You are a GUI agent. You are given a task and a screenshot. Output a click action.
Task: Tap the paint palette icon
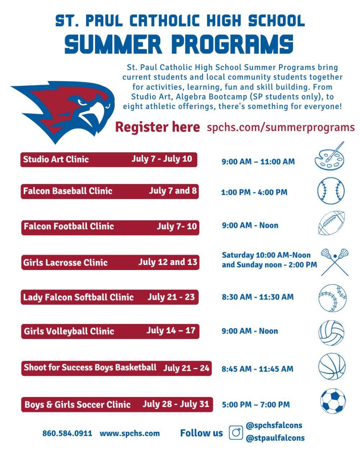(x=329, y=156)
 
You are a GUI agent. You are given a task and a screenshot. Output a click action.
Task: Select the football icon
(x=331, y=223)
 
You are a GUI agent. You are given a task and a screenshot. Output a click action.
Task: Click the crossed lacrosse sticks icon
(x=335, y=262)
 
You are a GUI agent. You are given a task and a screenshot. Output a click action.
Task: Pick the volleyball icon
(x=331, y=333)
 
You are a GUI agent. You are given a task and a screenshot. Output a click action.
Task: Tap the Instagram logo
(x=236, y=432)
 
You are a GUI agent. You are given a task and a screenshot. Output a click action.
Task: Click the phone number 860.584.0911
(x=67, y=433)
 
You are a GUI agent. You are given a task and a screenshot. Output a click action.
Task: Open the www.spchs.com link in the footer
(x=130, y=433)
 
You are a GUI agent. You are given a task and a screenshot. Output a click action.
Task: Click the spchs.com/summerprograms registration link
(x=280, y=127)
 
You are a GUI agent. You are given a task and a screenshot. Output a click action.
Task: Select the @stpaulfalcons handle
(x=275, y=438)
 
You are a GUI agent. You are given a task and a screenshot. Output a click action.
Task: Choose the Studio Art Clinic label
(x=56, y=159)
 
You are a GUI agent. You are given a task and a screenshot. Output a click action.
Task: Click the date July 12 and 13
(x=167, y=262)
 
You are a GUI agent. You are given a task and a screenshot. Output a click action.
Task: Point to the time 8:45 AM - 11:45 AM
(x=257, y=369)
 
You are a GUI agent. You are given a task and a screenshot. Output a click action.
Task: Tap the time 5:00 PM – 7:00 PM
(x=256, y=404)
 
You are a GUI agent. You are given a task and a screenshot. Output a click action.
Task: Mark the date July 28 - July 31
(x=176, y=404)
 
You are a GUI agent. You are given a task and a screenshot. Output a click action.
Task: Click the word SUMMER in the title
(x=113, y=44)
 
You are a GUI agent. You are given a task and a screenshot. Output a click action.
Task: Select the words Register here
(x=158, y=127)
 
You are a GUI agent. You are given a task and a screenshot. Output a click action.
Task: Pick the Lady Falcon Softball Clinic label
(x=78, y=297)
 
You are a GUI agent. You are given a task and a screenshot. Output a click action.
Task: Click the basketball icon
(x=332, y=366)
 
